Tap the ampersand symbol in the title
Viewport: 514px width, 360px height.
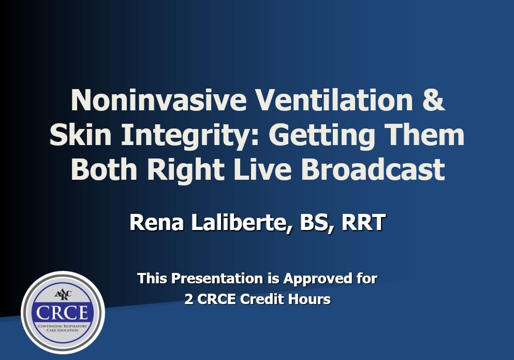pyautogui.click(x=433, y=100)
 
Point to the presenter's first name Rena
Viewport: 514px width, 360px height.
pyautogui.click(x=157, y=223)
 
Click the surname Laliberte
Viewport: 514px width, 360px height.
pyautogui.click(x=241, y=223)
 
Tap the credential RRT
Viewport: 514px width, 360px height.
pyautogui.click(x=363, y=223)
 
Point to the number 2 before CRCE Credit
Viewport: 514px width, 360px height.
pyautogui.click(x=189, y=299)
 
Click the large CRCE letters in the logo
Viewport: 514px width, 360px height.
pyautogui.click(x=62, y=313)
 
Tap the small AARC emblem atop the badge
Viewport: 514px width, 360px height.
pyautogui.click(x=63, y=294)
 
